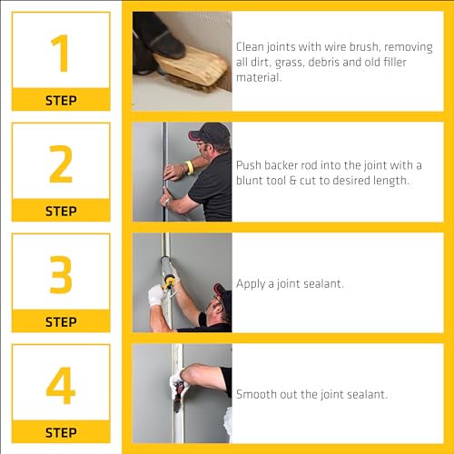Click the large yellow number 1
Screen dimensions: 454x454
click(61, 53)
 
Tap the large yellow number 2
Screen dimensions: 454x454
click(61, 163)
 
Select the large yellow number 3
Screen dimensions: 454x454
click(61, 274)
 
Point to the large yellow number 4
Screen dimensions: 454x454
click(61, 385)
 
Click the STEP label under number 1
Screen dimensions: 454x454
click(61, 101)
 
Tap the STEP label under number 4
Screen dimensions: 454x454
click(61, 432)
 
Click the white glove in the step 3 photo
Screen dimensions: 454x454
click(157, 294)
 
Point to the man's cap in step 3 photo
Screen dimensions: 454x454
click(222, 292)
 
